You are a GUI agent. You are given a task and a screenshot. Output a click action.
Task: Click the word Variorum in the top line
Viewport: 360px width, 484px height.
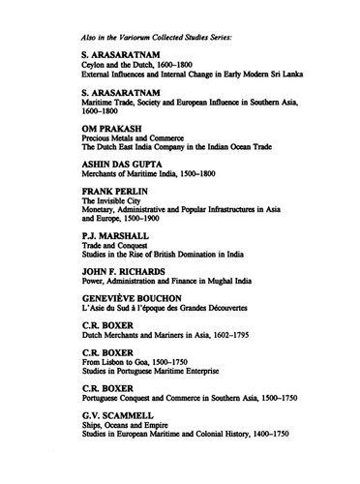(134, 32)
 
